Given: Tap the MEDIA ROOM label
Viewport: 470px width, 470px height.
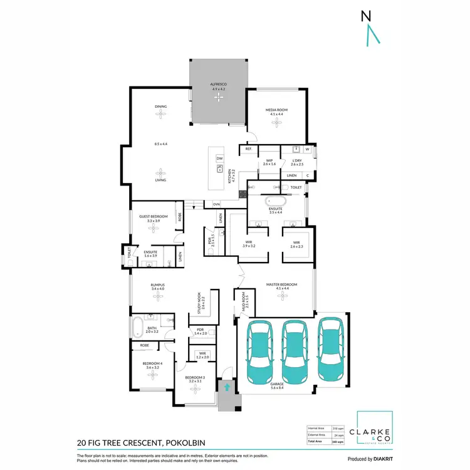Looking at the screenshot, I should [x=276, y=110].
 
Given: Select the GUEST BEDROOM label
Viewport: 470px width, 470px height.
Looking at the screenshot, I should [x=153, y=216].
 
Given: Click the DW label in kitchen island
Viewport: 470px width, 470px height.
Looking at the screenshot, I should [x=219, y=159].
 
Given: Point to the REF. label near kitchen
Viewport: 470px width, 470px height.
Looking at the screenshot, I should [x=248, y=149].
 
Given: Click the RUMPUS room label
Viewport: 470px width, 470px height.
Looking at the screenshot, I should [x=157, y=285].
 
